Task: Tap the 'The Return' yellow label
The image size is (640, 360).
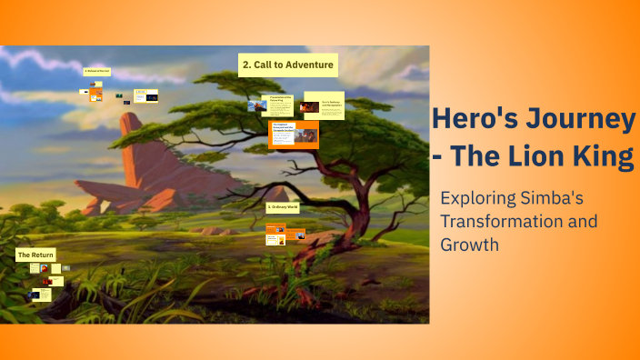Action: coord(36,255)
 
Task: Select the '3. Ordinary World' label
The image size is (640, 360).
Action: coord(283,208)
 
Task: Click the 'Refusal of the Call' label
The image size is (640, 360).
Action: coord(96,71)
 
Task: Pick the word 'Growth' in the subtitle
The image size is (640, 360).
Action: coord(469,245)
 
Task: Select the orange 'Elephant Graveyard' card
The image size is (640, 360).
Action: coord(294,134)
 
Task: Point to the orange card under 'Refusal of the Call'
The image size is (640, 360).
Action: coord(95,93)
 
